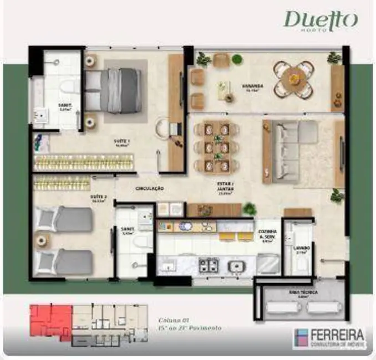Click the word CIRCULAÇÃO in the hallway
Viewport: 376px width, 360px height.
tap(150, 188)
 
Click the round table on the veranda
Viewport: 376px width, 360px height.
tap(294, 79)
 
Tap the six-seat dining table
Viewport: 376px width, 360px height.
tap(216, 147)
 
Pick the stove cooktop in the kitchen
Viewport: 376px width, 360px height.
tap(209, 265)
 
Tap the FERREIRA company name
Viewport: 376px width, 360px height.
tap(338, 335)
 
